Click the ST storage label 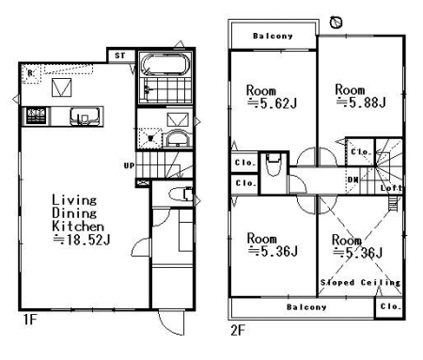pyautogui.click(x=119, y=55)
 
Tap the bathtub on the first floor pyautogui.click(x=165, y=64)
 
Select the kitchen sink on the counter pyautogui.click(x=85, y=116)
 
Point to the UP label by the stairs pyautogui.click(x=129, y=165)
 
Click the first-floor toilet pyautogui.click(x=180, y=195)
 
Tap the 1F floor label pyautogui.click(x=30, y=320)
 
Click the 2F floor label pyautogui.click(x=238, y=330)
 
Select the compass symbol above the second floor pyautogui.click(x=337, y=23)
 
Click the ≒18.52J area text pyautogui.click(x=82, y=240)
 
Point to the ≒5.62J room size pyautogui.click(x=272, y=103)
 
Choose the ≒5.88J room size pyautogui.click(x=361, y=102)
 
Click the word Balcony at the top pyautogui.click(x=273, y=36)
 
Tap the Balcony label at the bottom pyautogui.click(x=306, y=307)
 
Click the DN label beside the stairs pyautogui.click(x=352, y=180)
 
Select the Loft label pyautogui.click(x=391, y=188)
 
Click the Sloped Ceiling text pyautogui.click(x=360, y=282)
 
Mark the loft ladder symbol pyautogui.click(x=392, y=205)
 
